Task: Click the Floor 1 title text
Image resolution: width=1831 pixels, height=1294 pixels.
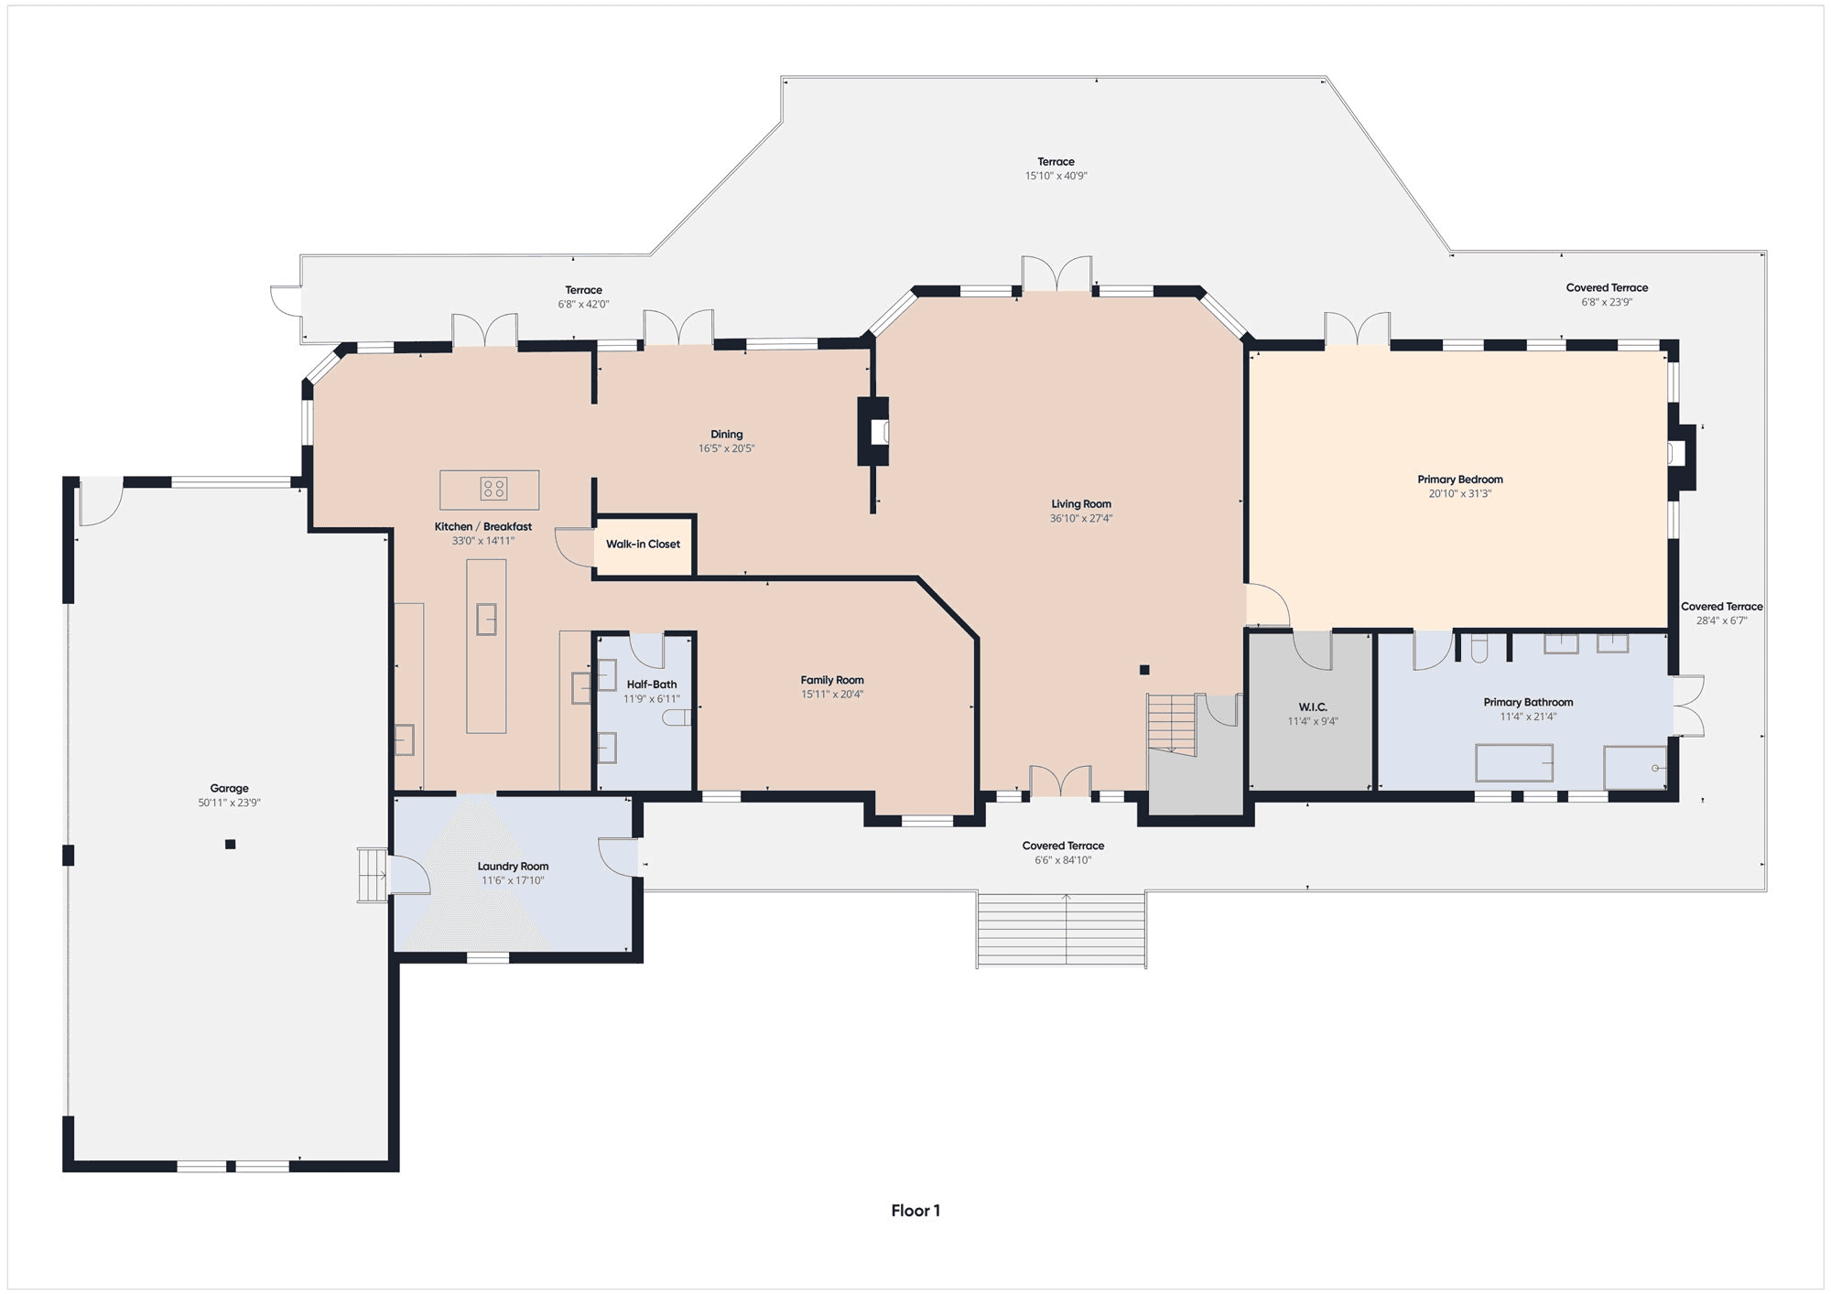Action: [x=915, y=1211]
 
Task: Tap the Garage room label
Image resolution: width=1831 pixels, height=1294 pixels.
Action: [x=229, y=788]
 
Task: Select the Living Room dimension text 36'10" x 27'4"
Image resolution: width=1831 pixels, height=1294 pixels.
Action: [x=1081, y=519]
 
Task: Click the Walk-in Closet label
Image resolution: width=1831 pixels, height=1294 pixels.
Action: [x=643, y=545]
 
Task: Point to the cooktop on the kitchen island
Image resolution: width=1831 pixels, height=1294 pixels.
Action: [x=493, y=489]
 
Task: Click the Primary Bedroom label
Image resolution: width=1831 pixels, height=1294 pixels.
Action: [x=1460, y=480]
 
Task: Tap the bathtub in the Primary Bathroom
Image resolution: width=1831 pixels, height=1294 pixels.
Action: [x=1514, y=763]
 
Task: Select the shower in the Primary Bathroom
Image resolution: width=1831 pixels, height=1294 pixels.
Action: [x=1635, y=767]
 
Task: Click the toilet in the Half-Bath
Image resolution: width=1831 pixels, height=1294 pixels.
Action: [x=677, y=718]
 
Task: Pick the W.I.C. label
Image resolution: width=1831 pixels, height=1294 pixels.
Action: [x=1313, y=707]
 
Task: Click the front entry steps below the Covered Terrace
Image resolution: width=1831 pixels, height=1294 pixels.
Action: [x=1061, y=929]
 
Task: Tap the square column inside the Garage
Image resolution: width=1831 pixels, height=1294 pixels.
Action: [x=231, y=845]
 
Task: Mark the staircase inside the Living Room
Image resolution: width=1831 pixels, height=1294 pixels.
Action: [x=1172, y=725]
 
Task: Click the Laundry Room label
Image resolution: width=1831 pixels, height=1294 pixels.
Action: [x=513, y=867]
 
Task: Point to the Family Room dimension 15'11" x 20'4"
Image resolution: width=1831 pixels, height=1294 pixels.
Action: [x=832, y=695]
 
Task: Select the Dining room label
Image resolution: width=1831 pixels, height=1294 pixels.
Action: [x=727, y=435]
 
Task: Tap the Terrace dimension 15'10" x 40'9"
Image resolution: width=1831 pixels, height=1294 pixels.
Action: [x=1056, y=176]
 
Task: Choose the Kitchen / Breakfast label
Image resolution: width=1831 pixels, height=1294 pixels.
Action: [x=482, y=527]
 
